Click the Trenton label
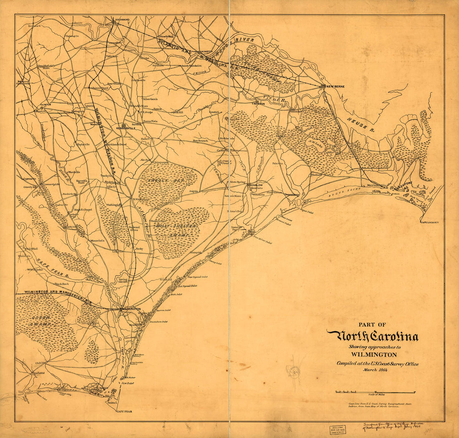point(258,103)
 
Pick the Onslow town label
point(256,185)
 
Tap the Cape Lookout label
point(430,223)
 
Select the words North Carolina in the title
point(373,336)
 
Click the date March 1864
point(374,370)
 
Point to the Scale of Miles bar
point(375,392)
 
